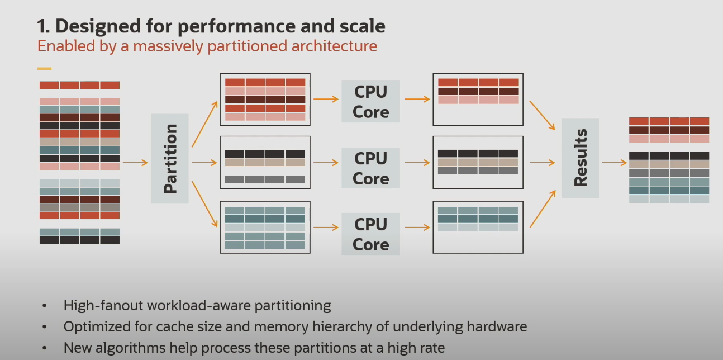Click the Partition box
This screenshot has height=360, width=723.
(170, 159)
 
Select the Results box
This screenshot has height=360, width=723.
(580, 158)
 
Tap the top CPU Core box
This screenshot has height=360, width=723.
(370, 101)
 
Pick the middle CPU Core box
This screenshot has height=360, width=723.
(370, 168)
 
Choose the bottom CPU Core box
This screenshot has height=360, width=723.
(370, 234)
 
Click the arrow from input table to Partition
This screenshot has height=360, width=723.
(135, 163)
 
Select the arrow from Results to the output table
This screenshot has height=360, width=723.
(614, 163)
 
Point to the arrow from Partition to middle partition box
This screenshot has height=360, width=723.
(204, 163)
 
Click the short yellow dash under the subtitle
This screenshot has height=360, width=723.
(44, 69)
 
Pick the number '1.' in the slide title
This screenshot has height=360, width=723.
(44, 26)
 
